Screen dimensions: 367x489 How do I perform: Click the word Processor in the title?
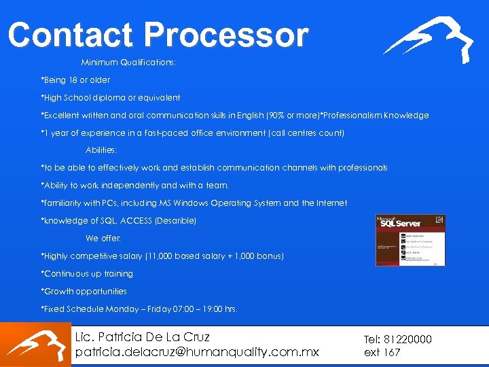tap(227, 35)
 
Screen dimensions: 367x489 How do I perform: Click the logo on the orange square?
tap(35, 345)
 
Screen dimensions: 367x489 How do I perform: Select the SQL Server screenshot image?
tap(410, 240)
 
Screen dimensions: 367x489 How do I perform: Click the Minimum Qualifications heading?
tap(128, 63)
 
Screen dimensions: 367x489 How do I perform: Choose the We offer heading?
tap(101, 239)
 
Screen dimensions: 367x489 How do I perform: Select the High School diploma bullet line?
tap(111, 98)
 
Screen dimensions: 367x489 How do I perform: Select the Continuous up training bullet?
tap(87, 274)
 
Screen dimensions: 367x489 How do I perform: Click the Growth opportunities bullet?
tap(84, 292)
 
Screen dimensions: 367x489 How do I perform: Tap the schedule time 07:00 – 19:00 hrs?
tap(198, 309)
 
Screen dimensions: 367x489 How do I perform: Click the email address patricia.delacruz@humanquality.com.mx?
tap(197, 352)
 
